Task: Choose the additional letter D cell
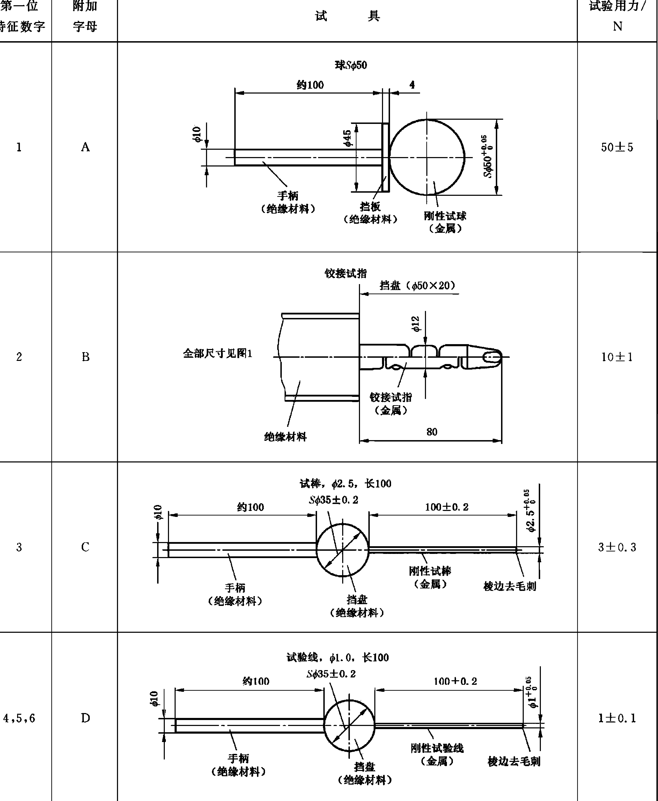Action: (x=85, y=718)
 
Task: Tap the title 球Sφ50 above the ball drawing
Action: (x=351, y=65)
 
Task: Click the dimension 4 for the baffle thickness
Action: (x=412, y=84)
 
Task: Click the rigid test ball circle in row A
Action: (x=427, y=157)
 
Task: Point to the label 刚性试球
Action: (x=445, y=216)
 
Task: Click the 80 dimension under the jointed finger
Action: (x=432, y=432)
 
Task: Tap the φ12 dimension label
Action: (x=416, y=324)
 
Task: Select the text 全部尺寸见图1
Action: (x=218, y=354)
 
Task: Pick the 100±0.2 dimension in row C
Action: (x=447, y=507)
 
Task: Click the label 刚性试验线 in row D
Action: (x=437, y=748)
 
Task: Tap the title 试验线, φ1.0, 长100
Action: (x=337, y=657)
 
